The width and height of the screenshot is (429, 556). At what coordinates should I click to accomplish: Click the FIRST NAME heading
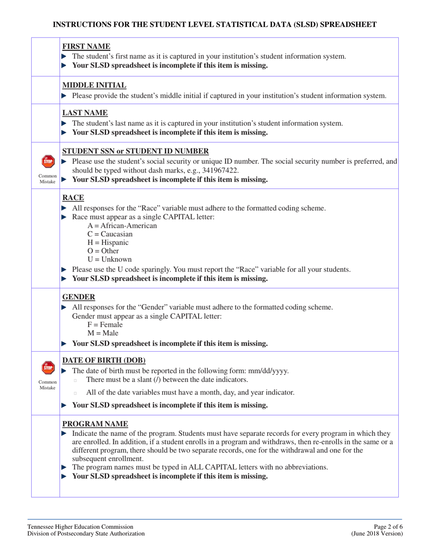pos(83,46)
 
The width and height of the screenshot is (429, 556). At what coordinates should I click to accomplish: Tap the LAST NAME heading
pos(82,113)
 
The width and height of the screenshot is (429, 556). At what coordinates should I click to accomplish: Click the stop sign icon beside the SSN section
pos(48,161)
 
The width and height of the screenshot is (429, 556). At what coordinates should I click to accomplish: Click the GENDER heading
pos(79,297)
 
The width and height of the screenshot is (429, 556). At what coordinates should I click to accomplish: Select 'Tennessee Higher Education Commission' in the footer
pos(80,526)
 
